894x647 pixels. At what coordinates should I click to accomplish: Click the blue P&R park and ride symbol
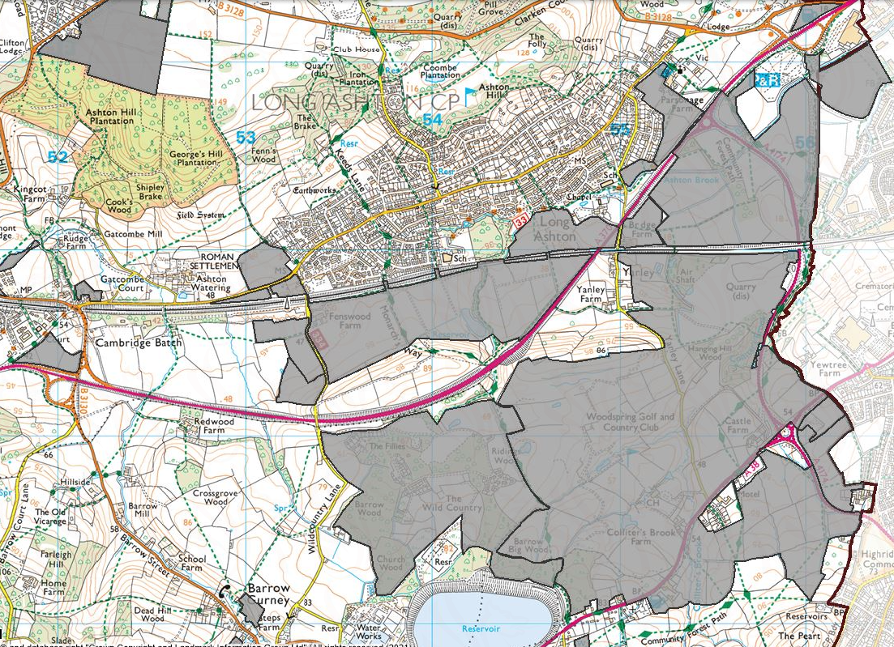point(768,79)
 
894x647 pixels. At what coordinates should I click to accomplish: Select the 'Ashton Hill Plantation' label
point(110,117)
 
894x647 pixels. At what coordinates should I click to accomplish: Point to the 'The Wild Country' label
point(453,504)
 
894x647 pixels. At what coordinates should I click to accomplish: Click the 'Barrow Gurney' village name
point(268,595)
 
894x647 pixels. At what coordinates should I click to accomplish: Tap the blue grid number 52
point(57,157)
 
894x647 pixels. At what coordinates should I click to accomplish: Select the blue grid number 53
point(245,138)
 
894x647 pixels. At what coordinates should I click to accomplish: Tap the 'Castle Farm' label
point(738,425)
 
